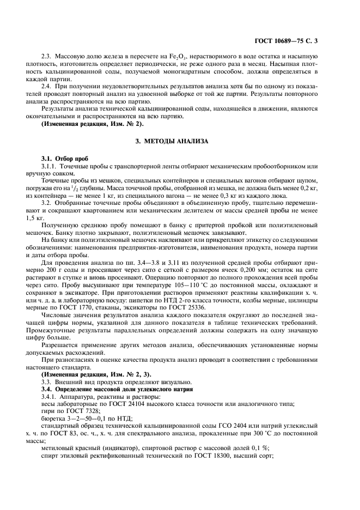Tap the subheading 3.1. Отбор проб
tap(64, 159)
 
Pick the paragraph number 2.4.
tap(47, 86)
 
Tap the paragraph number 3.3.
tap(47, 382)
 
